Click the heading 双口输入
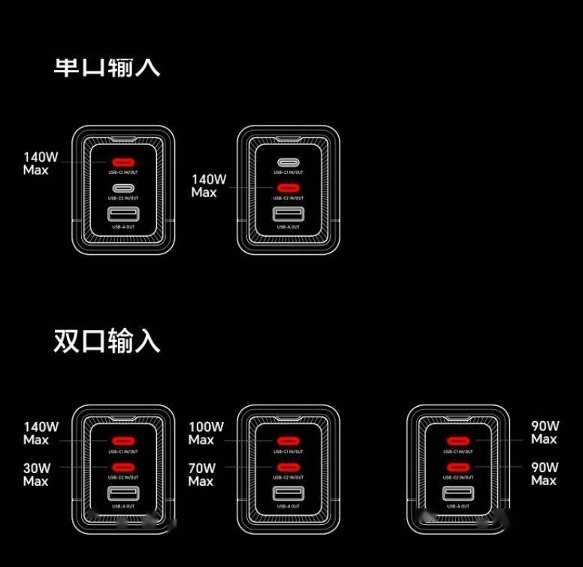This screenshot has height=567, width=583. [x=107, y=341]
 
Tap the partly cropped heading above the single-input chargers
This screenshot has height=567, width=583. [x=107, y=66]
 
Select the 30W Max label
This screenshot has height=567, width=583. [x=36, y=475]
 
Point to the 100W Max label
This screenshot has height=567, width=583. [x=205, y=433]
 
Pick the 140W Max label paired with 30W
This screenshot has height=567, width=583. [x=41, y=433]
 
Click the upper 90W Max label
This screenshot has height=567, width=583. [x=545, y=432]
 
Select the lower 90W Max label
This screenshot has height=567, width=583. [x=545, y=474]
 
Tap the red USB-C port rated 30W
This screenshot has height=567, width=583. [x=122, y=467]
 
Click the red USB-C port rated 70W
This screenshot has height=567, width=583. [x=288, y=467]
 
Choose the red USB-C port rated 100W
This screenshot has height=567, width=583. [x=288, y=441]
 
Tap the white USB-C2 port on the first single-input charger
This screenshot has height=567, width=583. [x=122, y=188]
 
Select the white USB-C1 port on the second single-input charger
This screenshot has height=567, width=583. [x=288, y=162]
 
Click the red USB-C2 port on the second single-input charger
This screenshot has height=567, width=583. [x=288, y=188]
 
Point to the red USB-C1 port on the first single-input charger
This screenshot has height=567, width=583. [x=122, y=162]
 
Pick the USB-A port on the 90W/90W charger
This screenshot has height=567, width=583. [x=458, y=494]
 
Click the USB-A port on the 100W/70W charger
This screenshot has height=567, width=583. [x=288, y=494]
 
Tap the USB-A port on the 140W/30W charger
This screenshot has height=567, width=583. [x=122, y=494]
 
